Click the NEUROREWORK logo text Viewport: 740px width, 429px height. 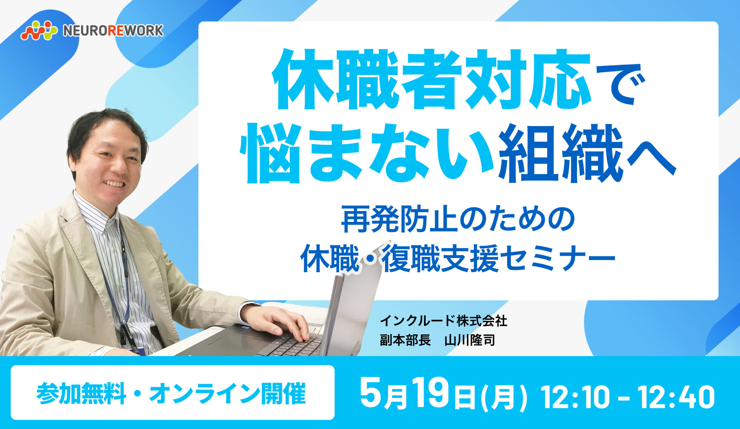pos(113,31)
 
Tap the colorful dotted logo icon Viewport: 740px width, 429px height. pos(39,30)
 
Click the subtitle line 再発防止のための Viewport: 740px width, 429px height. pos(458,219)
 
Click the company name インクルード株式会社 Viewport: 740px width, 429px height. pos(443,321)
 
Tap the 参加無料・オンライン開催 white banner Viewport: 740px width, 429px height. pos(172,392)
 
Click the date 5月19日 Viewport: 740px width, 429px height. pos(417,393)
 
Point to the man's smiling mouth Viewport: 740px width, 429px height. pos(114,184)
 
